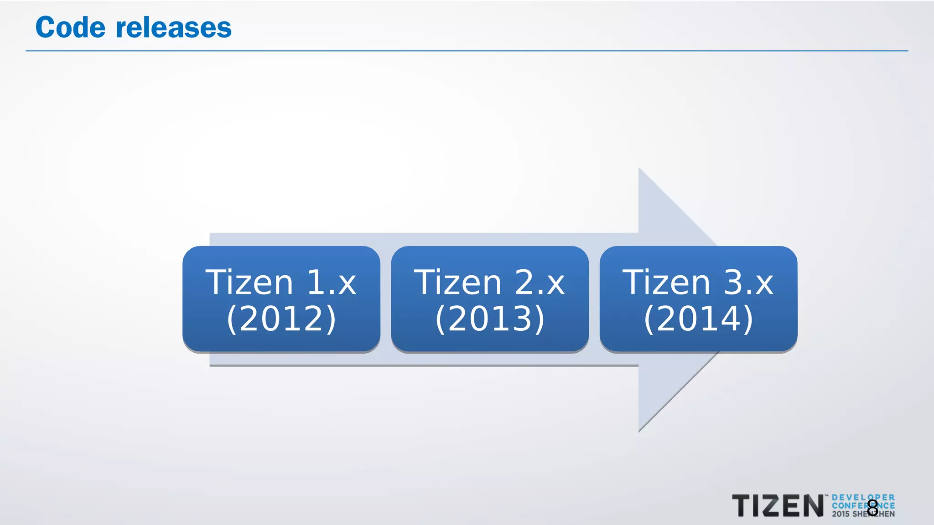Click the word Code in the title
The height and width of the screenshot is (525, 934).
70,27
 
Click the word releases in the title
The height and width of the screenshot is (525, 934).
174,27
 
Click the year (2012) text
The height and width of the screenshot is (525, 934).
281,319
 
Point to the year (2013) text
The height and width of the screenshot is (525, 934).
490,319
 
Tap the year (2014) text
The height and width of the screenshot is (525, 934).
698,319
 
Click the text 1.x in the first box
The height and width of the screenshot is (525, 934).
331,283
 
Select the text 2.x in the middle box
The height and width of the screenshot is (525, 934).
540,283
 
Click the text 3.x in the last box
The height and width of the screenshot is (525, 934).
748,283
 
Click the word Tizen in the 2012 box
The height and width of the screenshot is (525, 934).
249,283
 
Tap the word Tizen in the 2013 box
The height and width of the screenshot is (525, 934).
457,283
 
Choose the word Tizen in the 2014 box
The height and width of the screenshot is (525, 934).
666,283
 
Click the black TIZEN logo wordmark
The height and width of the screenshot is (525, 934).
778,506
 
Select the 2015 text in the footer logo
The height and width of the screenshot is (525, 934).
841,514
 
